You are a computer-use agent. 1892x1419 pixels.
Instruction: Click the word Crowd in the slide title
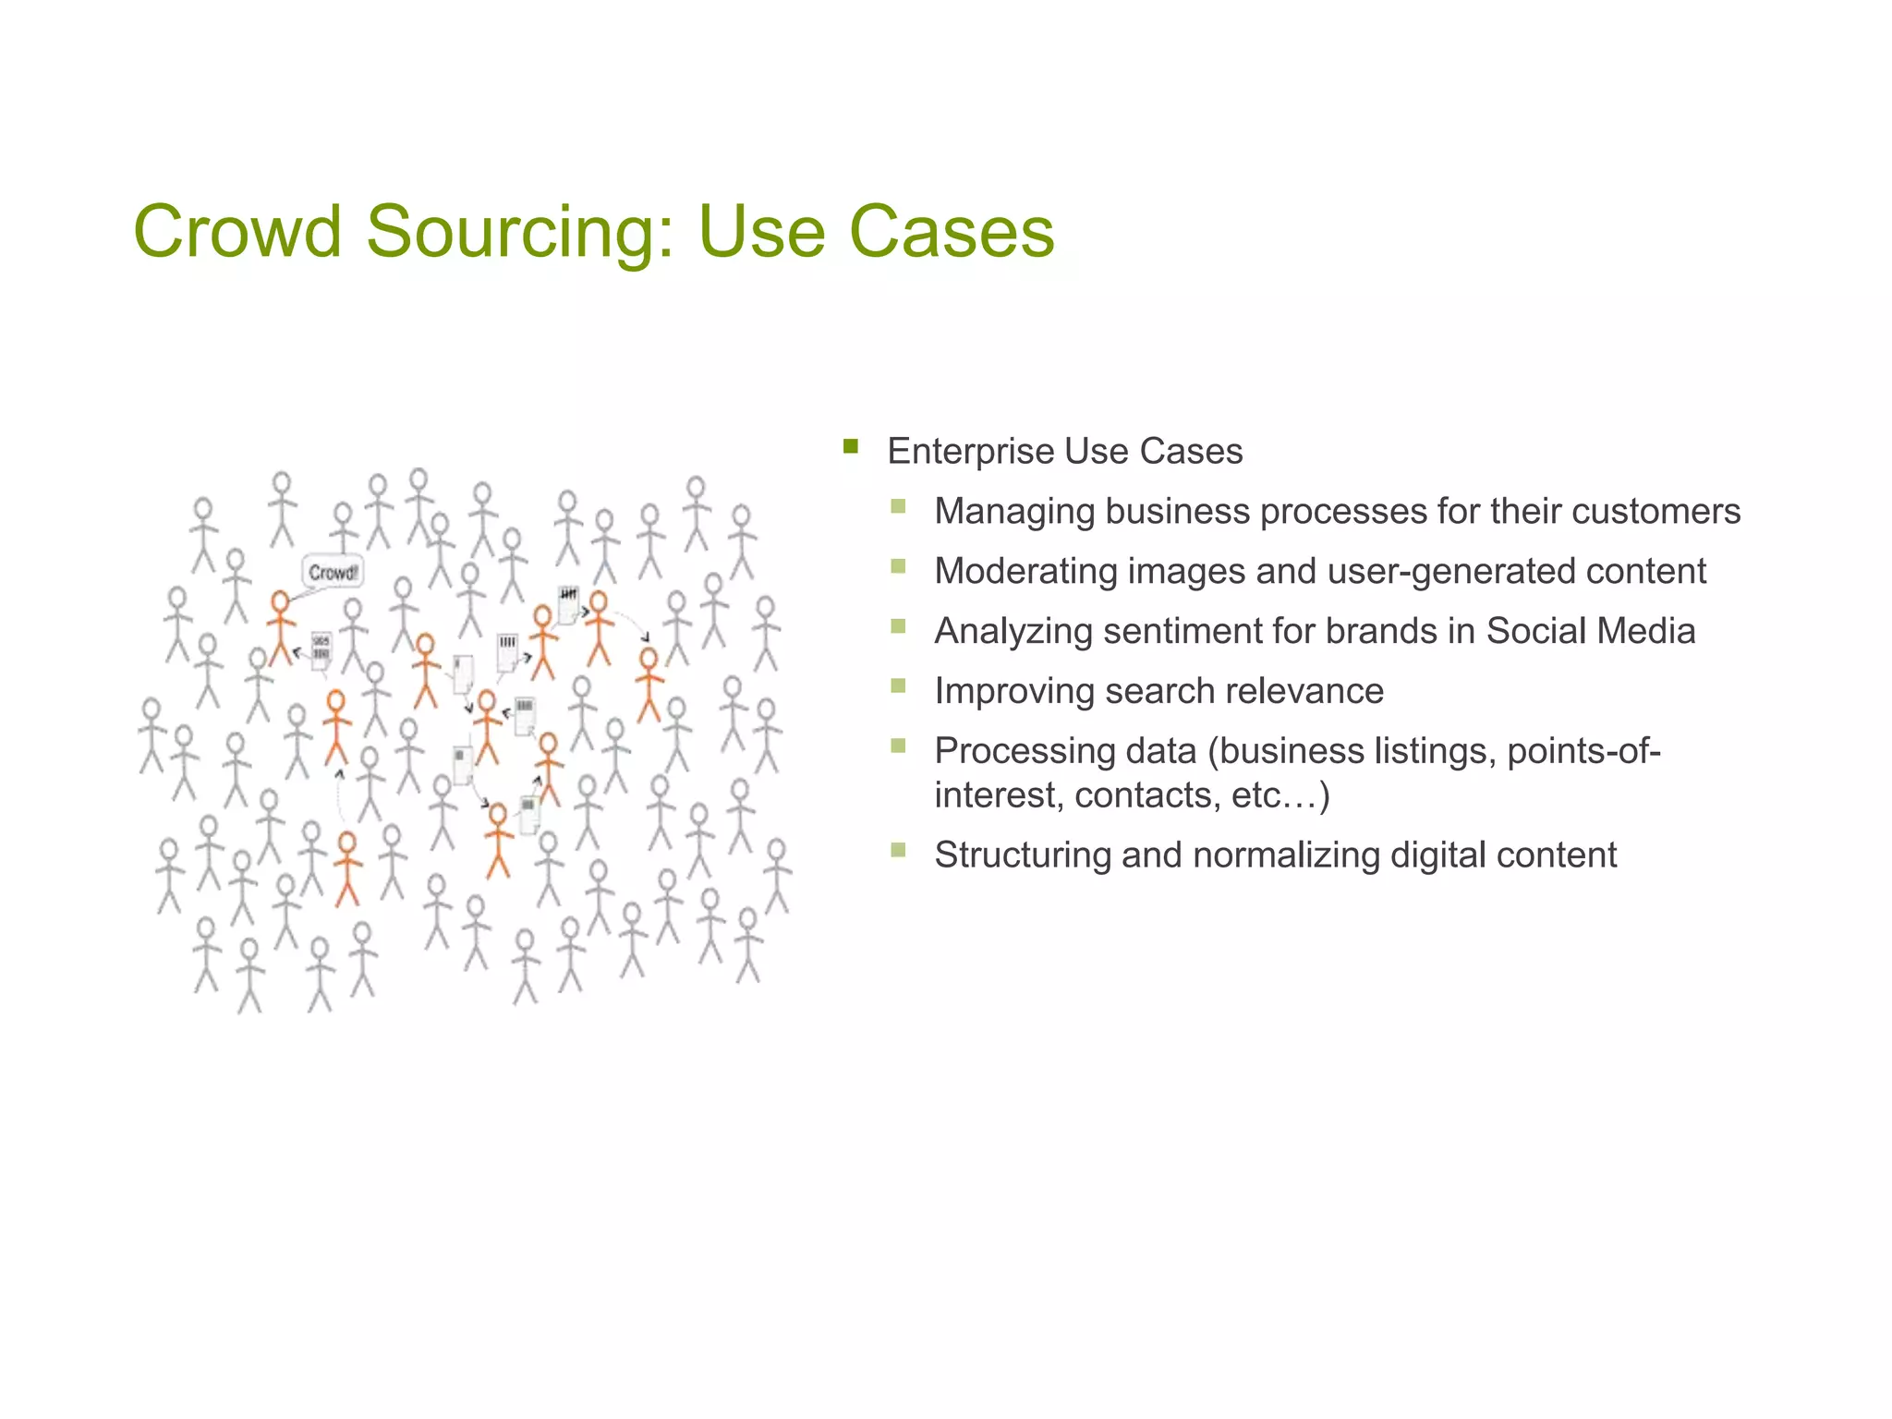pyautogui.click(x=237, y=231)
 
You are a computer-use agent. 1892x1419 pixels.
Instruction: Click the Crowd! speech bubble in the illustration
pyautogui.click(x=333, y=573)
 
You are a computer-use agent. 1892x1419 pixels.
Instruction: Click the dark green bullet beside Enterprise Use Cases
pyautogui.click(x=851, y=448)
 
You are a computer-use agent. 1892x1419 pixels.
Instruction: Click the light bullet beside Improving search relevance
pyautogui.click(x=898, y=685)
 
